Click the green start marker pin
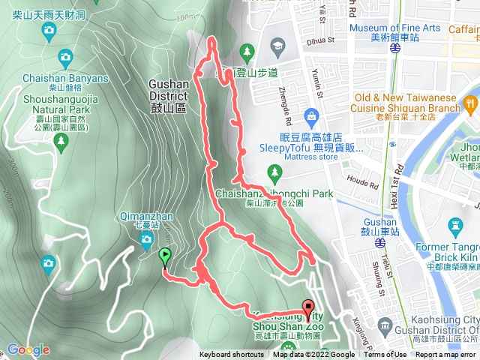(x=164, y=257)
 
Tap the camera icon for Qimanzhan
(x=146, y=240)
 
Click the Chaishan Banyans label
(x=67, y=78)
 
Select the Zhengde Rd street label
(x=285, y=106)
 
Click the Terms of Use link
(x=385, y=355)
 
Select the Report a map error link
(x=446, y=355)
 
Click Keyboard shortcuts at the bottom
(x=232, y=355)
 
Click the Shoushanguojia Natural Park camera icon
(x=66, y=56)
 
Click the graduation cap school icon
(x=277, y=48)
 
